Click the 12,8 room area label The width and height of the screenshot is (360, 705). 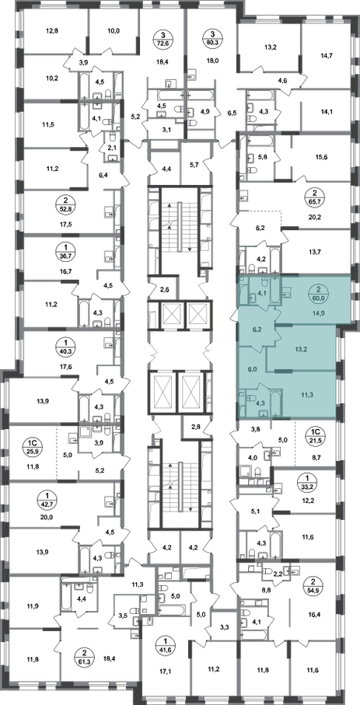[53, 31]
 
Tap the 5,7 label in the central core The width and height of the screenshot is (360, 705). [194, 165]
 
